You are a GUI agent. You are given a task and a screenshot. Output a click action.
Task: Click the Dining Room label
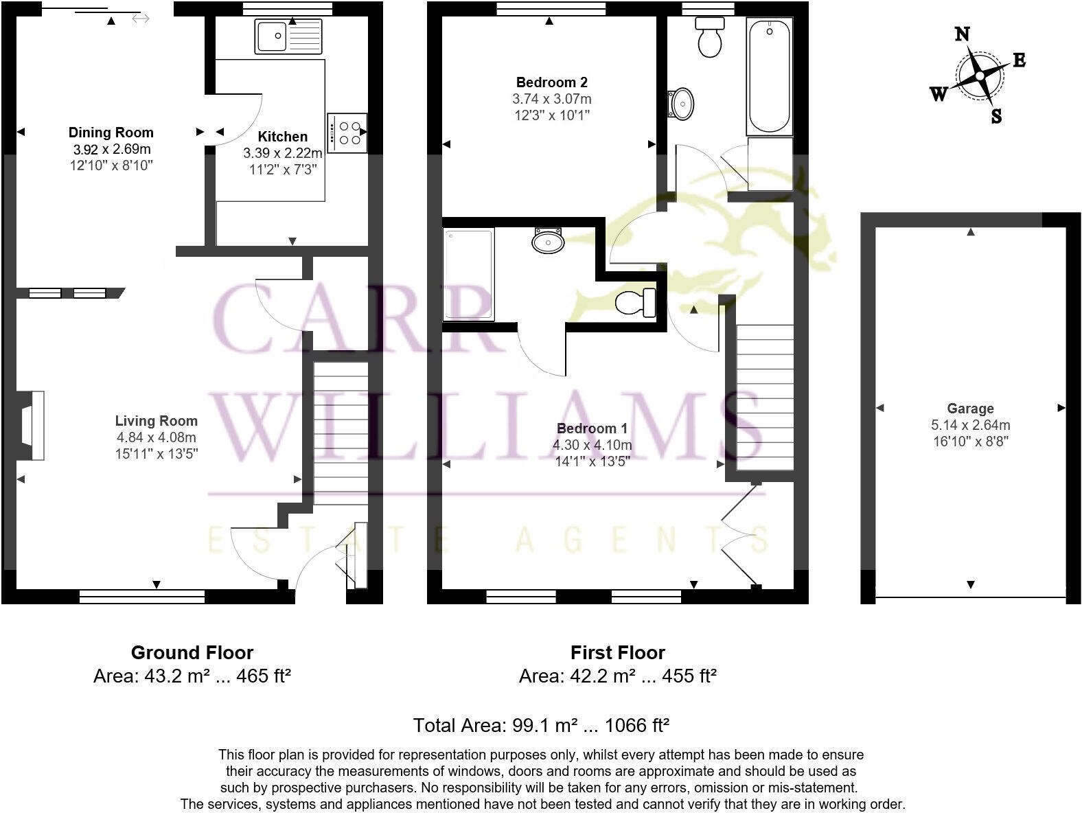pos(111,133)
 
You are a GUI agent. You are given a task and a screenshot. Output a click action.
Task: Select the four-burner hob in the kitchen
pos(347,133)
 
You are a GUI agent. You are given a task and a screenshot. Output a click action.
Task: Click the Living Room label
pos(156,421)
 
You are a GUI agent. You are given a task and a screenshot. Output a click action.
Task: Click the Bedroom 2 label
pos(551,82)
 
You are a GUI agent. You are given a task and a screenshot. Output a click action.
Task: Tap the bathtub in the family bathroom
pos(769,76)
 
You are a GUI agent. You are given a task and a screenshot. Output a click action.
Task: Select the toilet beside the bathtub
pos(709,38)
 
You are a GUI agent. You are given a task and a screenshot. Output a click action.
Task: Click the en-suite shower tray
pos(469,275)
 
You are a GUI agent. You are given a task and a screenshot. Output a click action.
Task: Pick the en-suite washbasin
pos(548,241)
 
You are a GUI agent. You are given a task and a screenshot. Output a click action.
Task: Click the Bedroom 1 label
pos(592,428)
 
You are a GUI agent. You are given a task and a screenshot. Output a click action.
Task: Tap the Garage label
pos(970,409)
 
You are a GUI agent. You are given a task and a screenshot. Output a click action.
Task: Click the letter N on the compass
pos(963,34)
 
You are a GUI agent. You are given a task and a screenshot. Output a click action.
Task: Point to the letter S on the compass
pos(996,117)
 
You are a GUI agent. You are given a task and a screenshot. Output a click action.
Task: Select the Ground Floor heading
pos(192,652)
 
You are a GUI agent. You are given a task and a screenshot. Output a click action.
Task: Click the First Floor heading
pos(618,652)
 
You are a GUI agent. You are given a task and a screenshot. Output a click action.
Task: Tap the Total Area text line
pos(541,725)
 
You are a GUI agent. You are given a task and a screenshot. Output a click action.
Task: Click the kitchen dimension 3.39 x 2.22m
pos(282,153)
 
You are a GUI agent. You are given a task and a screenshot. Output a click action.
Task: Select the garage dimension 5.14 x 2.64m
pos(970,425)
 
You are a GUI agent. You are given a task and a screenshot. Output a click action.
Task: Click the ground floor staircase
pos(341,433)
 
